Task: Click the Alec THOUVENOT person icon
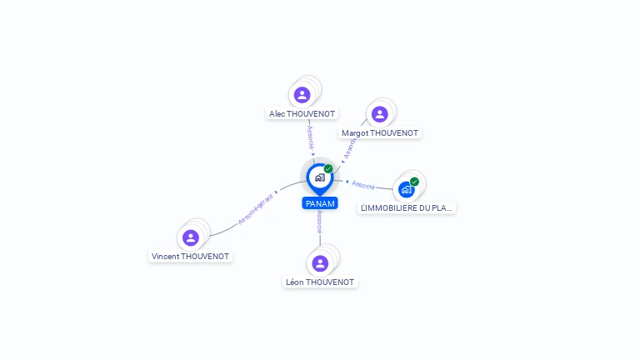pos(302,95)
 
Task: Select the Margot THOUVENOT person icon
pos(380,114)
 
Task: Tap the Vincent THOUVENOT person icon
pos(191,237)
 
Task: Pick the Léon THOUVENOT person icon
pos(320,263)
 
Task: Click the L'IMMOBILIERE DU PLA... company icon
pos(407,189)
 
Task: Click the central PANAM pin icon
pos(319,177)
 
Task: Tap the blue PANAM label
pos(320,203)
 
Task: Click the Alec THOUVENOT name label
pos(302,113)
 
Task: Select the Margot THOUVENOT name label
pos(381,133)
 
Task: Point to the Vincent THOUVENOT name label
pos(191,257)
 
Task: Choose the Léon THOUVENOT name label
pos(320,282)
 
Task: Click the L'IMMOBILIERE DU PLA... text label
pos(407,208)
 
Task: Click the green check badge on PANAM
pos(328,169)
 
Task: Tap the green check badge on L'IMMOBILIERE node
pos(414,182)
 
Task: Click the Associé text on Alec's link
pos(310,137)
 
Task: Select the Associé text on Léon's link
pos(320,222)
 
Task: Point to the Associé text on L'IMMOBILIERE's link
pos(362,184)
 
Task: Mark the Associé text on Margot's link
pos(350,147)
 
